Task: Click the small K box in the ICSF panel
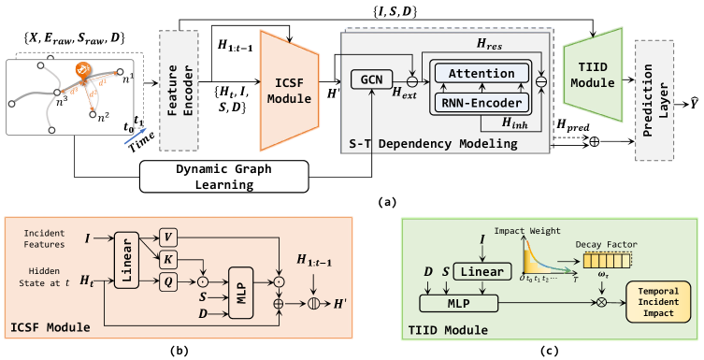167,257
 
